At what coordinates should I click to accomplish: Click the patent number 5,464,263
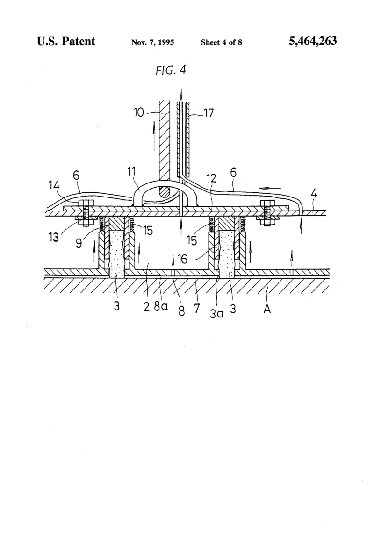(x=313, y=41)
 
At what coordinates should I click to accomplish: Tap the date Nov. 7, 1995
(x=152, y=42)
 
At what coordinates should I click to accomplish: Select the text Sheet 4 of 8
(x=221, y=42)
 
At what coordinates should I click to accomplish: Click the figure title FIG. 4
(x=171, y=70)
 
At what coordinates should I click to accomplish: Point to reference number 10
(x=139, y=113)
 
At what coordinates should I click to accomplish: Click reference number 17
(x=208, y=113)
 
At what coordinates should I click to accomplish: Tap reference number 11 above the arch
(x=131, y=171)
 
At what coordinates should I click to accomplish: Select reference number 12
(x=211, y=178)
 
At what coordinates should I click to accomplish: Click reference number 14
(x=54, y=185)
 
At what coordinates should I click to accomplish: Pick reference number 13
(x=54, y=237)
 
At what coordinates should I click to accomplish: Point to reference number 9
(x=79, y=243)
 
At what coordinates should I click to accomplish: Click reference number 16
(x=182, y=259)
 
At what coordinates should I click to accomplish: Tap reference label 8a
(x=161, y=306)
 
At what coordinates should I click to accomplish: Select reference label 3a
(x=216, y=313)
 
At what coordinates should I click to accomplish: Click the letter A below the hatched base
(x=267, y=309)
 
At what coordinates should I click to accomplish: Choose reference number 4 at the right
(x=314, y=193)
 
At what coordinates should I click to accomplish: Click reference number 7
(x=197, y=308)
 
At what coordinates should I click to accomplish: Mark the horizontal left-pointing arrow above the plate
(x=271, y=189)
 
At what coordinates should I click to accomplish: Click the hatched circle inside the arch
(x=163, y=192)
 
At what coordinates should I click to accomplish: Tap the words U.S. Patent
(x=66, y=41)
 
